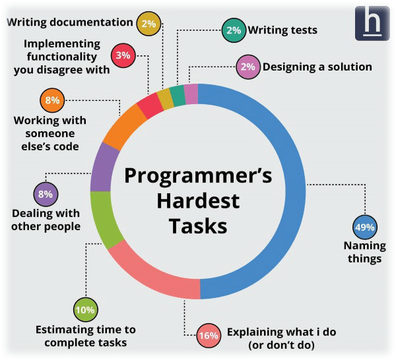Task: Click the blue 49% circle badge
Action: [365, 227]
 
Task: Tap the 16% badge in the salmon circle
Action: [209, 336]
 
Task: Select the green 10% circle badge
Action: [86, 309]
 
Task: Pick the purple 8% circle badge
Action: [46, 195]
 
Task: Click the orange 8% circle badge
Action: [52, 100]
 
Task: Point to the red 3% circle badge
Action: [123, 55]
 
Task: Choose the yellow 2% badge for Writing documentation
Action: [148, 24]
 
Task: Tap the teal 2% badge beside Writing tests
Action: [234, 30]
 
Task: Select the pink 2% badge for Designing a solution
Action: [248, 67]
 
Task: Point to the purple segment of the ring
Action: [102, 167]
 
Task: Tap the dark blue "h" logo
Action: [372, 23]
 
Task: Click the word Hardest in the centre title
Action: [198, 201]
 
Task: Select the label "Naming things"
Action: [365, 252]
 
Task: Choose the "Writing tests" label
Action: [282, 30]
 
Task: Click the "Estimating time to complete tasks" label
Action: [86, 336]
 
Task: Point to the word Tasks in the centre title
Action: [198, 225]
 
